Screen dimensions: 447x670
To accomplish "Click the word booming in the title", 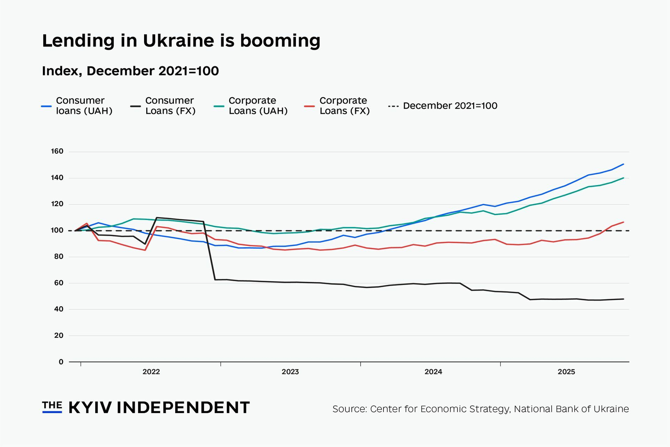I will coord(280,41).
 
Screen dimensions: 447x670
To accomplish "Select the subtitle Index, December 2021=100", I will coord(130,71).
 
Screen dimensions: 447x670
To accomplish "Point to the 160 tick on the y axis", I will coord(57,152).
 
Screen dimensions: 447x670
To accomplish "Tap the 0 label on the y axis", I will coord(61,362).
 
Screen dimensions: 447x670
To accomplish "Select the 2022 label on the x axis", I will coord(151,372).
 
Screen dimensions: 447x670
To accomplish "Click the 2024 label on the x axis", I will coord(433,372).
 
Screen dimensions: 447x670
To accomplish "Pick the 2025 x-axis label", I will coord(566,372).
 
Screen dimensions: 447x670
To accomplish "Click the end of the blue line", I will coord(623,164).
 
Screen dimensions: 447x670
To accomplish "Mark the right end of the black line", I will coord(623,299).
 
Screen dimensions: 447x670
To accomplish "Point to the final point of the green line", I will coord(623,178).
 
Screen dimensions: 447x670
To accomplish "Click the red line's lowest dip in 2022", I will coord(145,250).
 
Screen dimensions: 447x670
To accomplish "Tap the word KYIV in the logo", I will coord(90,408).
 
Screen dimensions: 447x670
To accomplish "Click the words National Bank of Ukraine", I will coord(571,409).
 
